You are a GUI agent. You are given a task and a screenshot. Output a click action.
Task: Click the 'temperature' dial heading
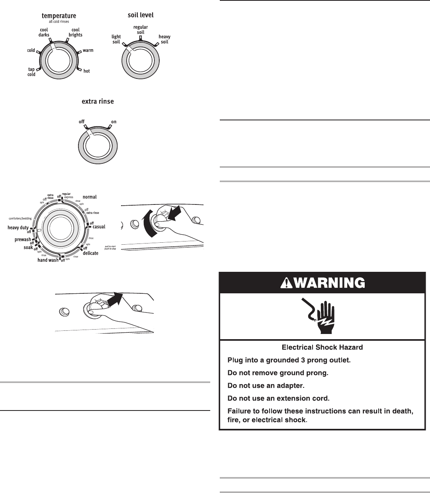(59, 16)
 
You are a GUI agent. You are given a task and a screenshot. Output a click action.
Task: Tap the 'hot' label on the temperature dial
(86, 71)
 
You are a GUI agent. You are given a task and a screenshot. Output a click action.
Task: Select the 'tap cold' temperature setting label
(31, 72)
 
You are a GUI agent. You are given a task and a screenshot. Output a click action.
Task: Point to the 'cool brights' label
(75, 32)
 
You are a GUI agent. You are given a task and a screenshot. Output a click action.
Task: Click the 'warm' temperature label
(88, 51)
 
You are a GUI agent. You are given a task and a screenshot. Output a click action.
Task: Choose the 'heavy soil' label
(164, 39)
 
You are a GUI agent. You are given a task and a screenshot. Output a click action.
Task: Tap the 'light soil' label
(116, 39)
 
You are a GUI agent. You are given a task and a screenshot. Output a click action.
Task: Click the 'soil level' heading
(141, 15)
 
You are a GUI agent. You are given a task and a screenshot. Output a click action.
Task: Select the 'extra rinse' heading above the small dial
(98, 102)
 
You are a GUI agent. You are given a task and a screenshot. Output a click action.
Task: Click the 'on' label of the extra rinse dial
(114, 122)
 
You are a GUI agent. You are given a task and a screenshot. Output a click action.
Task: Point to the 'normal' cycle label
(90, 197)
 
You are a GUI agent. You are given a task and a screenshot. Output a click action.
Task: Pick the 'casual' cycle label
(99, 227)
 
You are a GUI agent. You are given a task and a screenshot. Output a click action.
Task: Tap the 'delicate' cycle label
(90, 253)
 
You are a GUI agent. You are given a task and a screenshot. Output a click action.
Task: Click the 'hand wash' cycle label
(48, 260)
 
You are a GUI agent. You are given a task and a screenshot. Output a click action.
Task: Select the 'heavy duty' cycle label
(18, 228)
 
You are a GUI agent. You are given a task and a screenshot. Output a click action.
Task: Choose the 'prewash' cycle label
(23, 240)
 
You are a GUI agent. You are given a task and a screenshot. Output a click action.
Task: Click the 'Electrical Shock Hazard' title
(322, 347)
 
